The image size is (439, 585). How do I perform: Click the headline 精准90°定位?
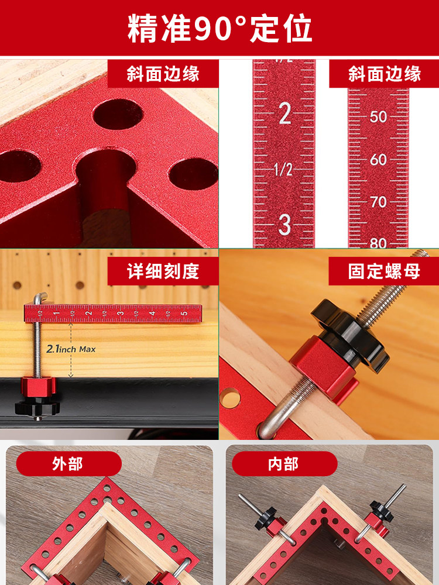220,28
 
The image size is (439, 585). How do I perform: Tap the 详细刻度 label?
163,271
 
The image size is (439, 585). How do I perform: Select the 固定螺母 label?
384,271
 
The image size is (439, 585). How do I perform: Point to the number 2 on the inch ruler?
285,113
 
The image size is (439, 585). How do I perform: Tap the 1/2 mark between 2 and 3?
283,170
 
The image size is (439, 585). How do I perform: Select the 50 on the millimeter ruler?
378,117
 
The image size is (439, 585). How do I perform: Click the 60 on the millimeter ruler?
378,160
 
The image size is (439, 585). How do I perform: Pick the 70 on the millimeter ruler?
379,202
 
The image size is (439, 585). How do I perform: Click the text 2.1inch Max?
71,349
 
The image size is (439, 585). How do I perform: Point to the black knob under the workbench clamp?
37,407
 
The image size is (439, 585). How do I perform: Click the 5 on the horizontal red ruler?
184,313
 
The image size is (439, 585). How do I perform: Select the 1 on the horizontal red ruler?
57,313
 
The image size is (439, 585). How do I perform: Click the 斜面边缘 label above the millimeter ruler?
385,74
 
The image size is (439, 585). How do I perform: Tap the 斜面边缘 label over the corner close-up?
163,74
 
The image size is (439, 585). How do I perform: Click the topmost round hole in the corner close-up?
118,115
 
